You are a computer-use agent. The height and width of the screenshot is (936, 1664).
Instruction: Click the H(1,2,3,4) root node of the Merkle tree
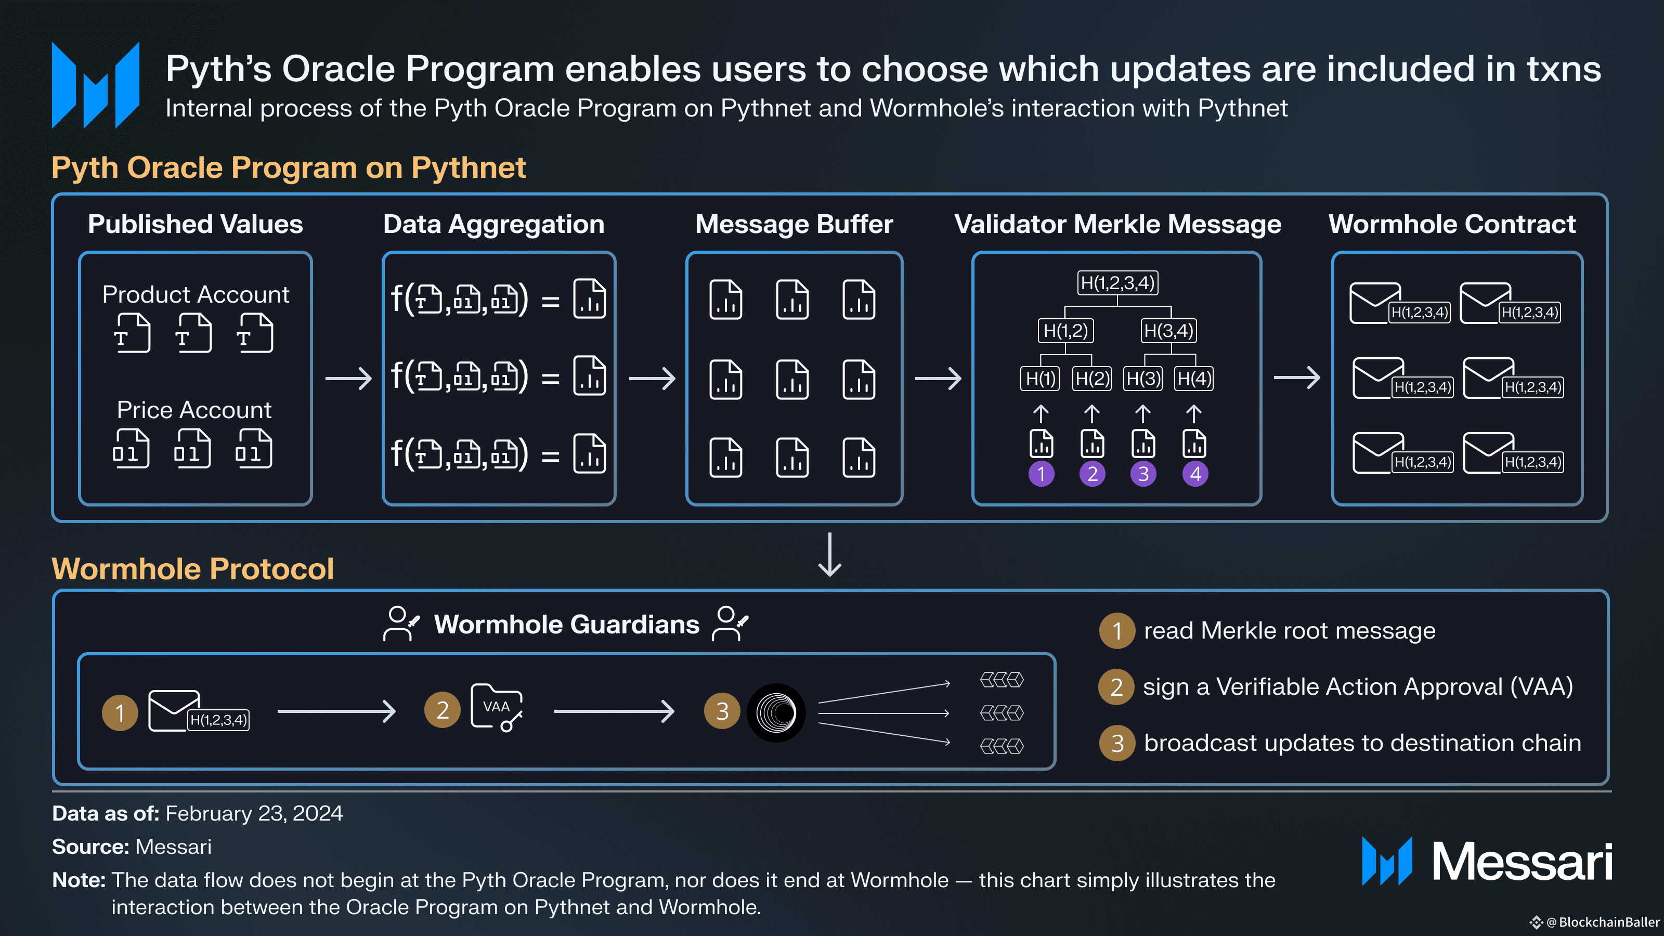point(1117,283)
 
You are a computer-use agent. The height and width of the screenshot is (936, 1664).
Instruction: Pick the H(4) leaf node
point(1194,379)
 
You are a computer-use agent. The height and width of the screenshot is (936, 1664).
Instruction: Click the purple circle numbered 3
point(1143,474)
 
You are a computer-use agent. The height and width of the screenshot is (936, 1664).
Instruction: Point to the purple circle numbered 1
point(1041,474)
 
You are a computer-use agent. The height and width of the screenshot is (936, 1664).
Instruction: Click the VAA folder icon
point(496,707)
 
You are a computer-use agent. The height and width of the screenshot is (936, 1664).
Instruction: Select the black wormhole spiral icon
point(776,712)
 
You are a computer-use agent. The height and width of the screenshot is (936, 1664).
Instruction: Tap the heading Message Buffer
point(794,224)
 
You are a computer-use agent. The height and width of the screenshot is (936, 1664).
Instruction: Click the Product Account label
point(196,294)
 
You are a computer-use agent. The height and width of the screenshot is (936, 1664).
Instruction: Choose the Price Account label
point(194,410)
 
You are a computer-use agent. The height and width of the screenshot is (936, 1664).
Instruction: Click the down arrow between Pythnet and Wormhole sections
point(830,554)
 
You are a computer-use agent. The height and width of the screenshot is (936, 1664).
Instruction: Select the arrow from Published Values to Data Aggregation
point(349,378)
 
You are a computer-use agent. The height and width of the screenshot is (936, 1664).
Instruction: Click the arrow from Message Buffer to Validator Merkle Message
point(939,378)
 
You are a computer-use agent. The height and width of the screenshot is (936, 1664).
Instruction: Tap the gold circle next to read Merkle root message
point(1117,630)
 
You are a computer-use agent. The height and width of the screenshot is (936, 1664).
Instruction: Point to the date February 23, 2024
point(254,813)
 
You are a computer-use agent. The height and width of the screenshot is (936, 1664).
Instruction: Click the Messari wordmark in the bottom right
point(1522,862)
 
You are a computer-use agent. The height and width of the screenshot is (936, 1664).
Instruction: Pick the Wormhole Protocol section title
point(192,568)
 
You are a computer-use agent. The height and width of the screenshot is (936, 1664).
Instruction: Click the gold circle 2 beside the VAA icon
point(443,710)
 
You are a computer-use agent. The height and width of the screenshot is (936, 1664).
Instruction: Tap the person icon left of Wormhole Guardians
point(401,623)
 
